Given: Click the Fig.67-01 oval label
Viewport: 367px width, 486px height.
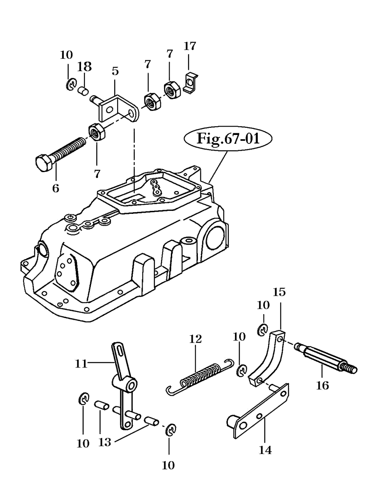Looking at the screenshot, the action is [x=228, y=138].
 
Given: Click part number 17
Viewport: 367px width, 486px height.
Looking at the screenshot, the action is [x=190, y=46].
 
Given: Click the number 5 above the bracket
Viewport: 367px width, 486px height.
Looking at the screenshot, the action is [x=115, y=71].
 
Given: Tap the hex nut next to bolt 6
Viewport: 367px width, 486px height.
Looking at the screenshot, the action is [x=97, y=132].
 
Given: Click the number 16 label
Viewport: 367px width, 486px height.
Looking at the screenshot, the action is [x=322, y=386].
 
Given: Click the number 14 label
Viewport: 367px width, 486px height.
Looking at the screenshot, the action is [x=265, y=449].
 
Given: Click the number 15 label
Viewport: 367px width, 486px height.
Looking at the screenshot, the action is [x=279, y=292].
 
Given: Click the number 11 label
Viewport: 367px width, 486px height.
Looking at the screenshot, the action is [x=81, y=363].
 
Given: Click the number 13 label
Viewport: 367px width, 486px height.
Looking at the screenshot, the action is [x=105, y=442].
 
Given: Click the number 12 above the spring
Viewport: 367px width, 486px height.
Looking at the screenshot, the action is [x=196, y=339].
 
